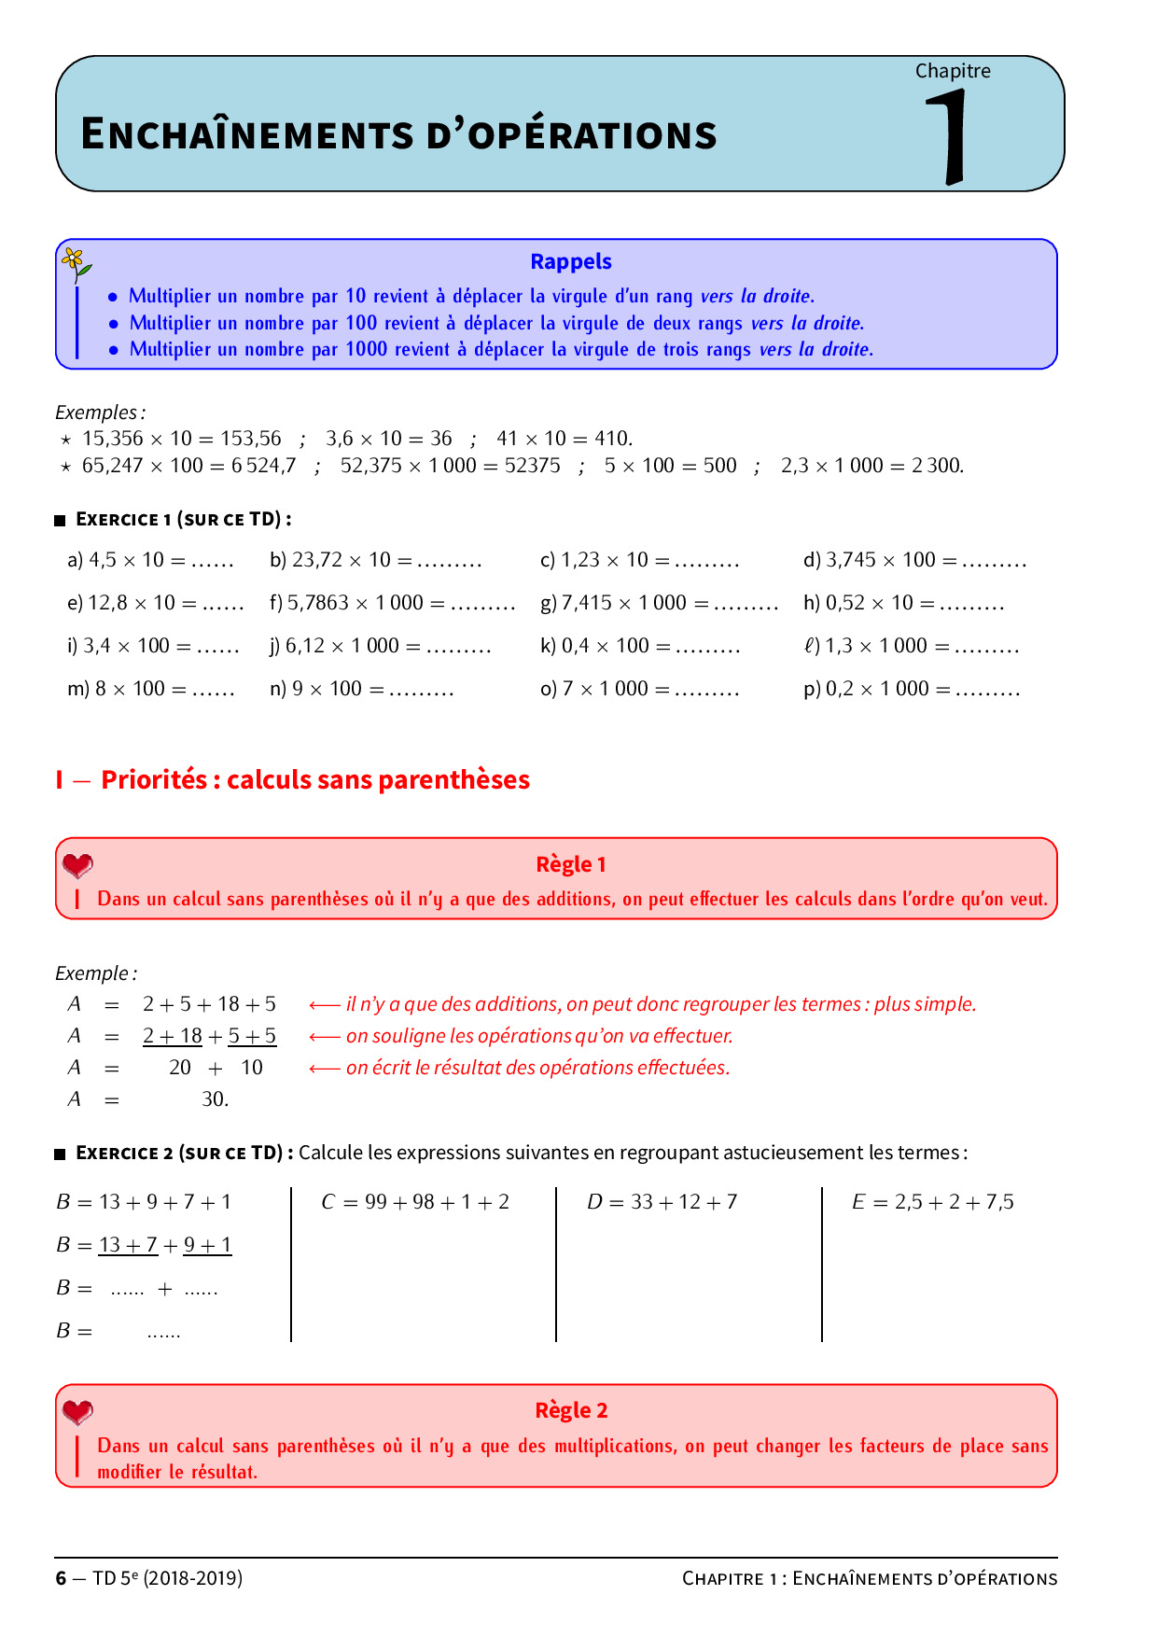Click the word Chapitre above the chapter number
click(952, 71)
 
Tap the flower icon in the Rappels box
click(76, 264)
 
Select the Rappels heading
click(570, 262)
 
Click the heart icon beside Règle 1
click(77, 865)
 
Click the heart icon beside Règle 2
click(77, 1411)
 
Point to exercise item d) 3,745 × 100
click(913, 560)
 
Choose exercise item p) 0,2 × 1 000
click(911, 689)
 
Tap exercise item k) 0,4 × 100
click(639, 646)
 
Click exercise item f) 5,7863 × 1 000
click(392, 603)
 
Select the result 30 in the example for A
click(214, 1099)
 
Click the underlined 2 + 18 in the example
click(173, 1036)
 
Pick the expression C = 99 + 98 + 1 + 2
click(415, 1202)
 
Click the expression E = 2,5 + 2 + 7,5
click(932, 1202)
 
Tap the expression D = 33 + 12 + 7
click(662, 1202)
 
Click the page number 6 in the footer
click(62, 1578)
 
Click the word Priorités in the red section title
click(153, 779)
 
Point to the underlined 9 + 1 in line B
click(207, 1245)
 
